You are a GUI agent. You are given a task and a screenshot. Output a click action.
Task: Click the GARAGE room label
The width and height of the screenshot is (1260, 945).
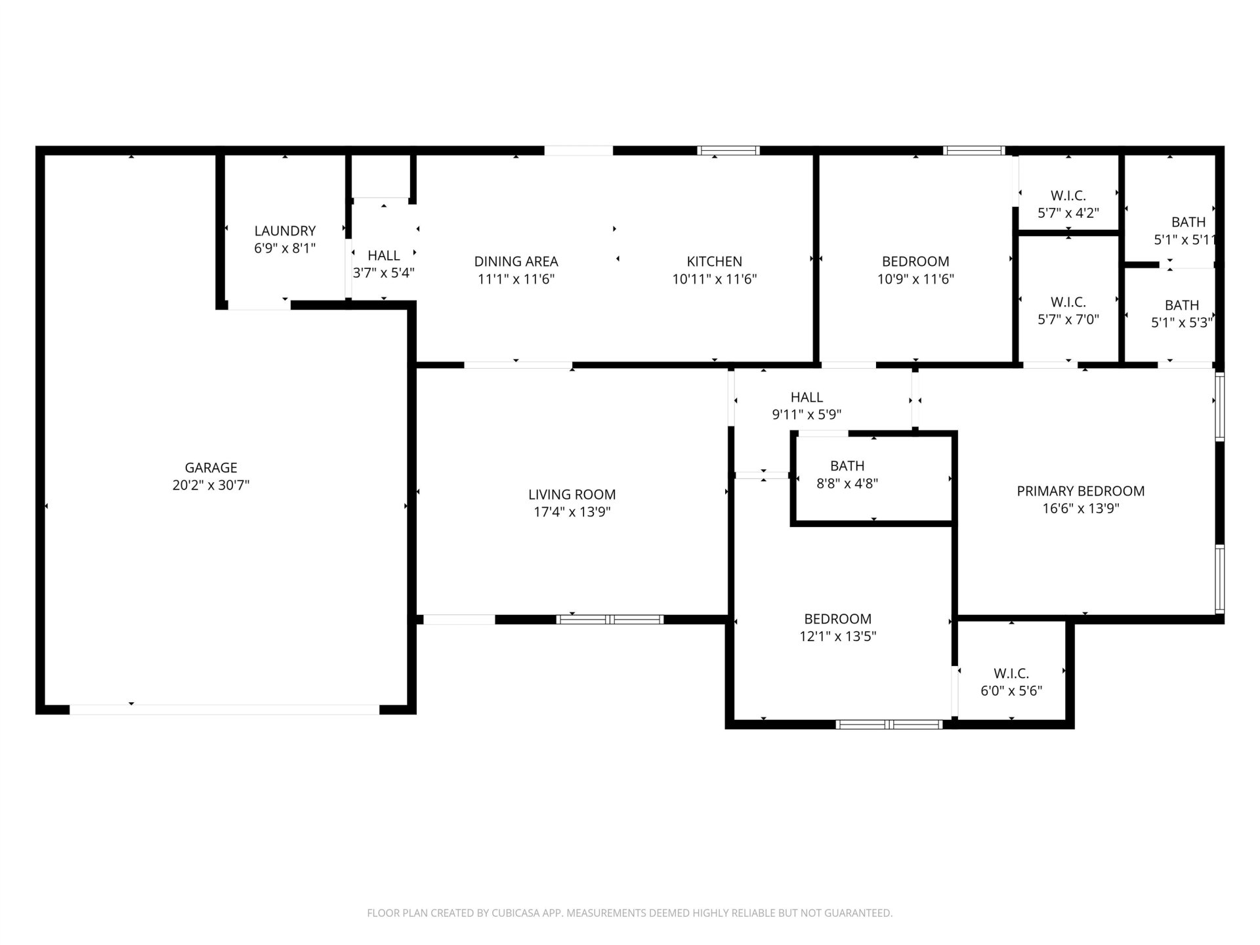pos(211,468)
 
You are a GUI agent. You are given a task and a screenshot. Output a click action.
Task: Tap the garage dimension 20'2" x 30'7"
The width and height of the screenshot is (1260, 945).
pos(211,486)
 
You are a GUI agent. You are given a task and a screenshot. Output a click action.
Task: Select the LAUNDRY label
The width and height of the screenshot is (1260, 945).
pos(285,231)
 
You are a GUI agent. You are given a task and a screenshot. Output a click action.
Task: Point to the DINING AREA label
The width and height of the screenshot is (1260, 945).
pos(516,261)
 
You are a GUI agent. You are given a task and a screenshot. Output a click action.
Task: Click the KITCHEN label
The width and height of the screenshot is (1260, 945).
pos(714,261)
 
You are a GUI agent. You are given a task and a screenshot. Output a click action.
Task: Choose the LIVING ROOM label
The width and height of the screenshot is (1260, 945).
pos(572,495)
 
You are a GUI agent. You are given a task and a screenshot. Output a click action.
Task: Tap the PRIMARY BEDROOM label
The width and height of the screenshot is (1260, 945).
pos(1081,491)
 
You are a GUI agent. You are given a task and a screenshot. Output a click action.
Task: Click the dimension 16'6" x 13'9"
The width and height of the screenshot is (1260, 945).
pos(1081,509)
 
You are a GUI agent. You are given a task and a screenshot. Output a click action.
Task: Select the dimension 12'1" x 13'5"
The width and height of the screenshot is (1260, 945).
pos(838,637)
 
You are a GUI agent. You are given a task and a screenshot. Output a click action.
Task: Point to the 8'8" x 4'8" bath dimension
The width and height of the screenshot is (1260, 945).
pos(847,484)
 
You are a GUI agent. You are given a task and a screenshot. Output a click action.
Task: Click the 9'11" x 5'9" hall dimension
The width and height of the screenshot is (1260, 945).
pos(807,415)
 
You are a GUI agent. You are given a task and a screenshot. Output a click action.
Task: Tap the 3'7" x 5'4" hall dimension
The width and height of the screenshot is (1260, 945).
pos(384,273)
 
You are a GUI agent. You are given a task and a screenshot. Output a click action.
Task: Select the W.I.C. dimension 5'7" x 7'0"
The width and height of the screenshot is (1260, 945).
pos(1068,320)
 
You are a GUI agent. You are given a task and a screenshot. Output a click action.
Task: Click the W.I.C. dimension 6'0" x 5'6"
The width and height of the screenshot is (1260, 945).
pos(1011,691)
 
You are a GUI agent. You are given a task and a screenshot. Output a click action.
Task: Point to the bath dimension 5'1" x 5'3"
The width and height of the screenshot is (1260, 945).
pos(1182,323)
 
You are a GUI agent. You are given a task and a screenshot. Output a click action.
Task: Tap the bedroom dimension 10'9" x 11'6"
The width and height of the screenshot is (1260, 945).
pos(915,279)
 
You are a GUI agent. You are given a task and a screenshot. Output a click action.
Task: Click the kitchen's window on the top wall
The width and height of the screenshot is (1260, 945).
pos(728,150)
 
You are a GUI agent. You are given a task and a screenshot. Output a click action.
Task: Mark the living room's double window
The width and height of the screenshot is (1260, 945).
pos(610,619)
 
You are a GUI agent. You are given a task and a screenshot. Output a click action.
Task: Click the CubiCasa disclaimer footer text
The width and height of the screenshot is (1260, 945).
pos(630,913)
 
